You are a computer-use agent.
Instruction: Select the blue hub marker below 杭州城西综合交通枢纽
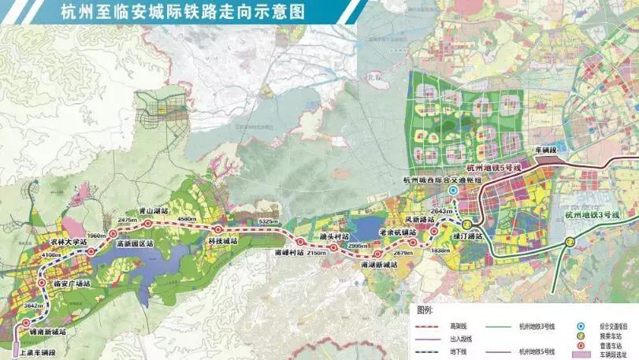pos(452,191)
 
